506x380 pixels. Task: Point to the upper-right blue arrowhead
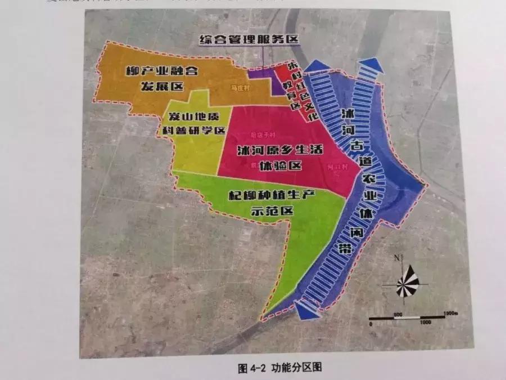point(371,65)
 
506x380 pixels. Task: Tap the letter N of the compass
point(396,258)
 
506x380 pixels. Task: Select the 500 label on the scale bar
point(398,313)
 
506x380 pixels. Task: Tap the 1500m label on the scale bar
point(450,312)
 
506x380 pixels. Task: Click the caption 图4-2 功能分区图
point(279,368)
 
